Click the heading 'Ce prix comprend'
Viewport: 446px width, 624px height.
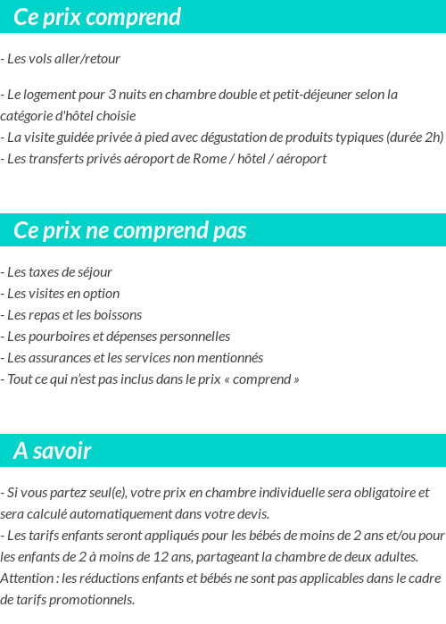[97, 17]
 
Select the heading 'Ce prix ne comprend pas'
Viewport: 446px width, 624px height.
[129, 230]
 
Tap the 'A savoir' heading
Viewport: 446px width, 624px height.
[53, 451]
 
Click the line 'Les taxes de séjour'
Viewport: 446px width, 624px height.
[57, 272]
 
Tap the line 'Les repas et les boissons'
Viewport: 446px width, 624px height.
[71, 315]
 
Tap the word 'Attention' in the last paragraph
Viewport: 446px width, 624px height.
[28, 578]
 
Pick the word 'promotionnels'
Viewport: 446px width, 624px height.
[93, 600]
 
